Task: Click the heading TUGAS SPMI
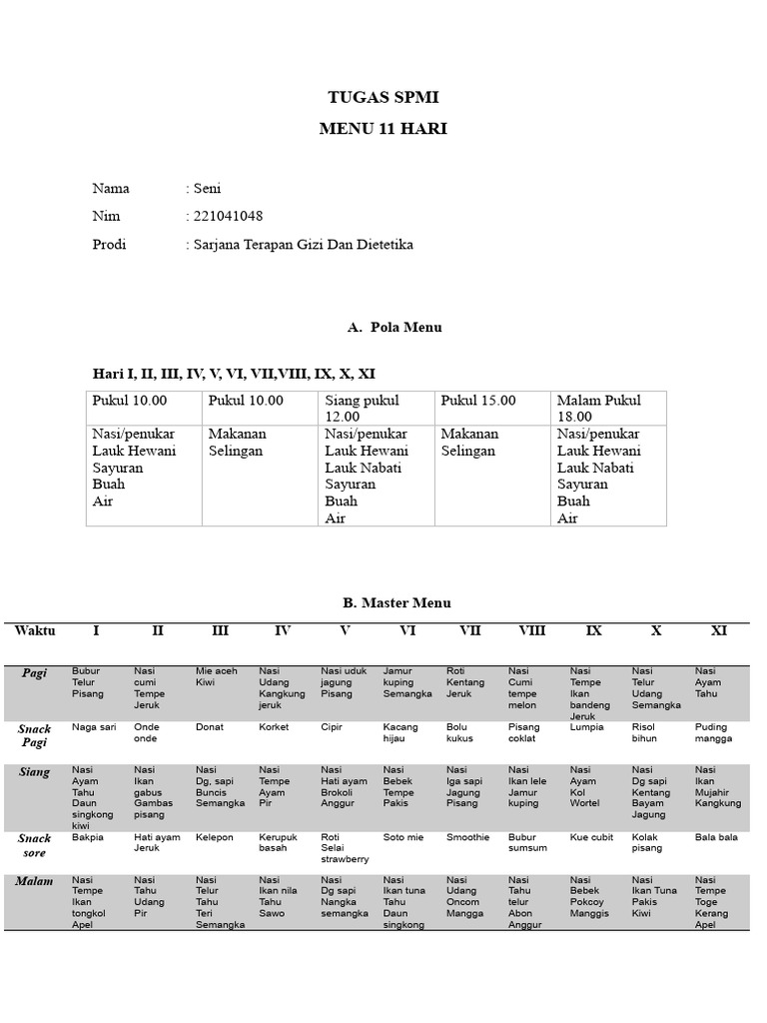tap(383, 97)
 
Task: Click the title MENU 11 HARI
tap(383, 129)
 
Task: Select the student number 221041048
tap(228, 217)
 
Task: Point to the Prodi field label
tap(109, 245)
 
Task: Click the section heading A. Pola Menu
tap(394, 327)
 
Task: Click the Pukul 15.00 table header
tap(478, 401)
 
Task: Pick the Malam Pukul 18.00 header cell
tap(599, 408)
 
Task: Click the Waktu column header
tap(35, 630)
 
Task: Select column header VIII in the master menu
tap(531, 630)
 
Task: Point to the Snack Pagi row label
tap(35, 735)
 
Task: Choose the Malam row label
tap(35, 881)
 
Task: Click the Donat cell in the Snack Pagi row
tap(210, 727)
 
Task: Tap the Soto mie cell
tap(404, 837)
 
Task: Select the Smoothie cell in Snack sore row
tap(468, 837)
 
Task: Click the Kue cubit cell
tap(592, 837)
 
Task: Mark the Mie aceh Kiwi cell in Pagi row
tap(217, 677)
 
